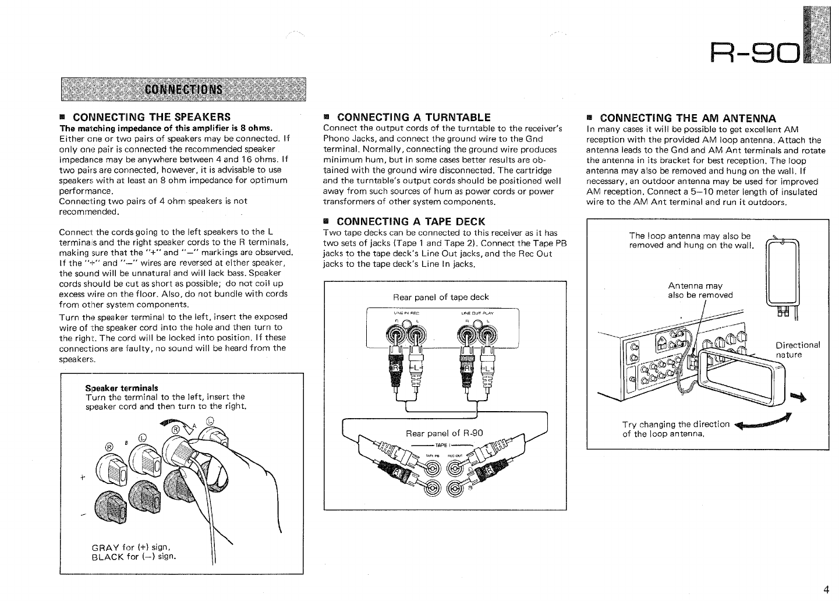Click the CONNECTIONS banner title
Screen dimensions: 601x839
183,89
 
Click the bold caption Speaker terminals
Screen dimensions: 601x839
122,388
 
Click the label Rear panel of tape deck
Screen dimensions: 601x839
441,298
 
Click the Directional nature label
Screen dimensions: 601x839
798,350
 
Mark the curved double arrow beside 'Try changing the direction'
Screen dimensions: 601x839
763,422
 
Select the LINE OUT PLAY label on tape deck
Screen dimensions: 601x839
477,313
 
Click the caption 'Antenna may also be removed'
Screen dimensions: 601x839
700,290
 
